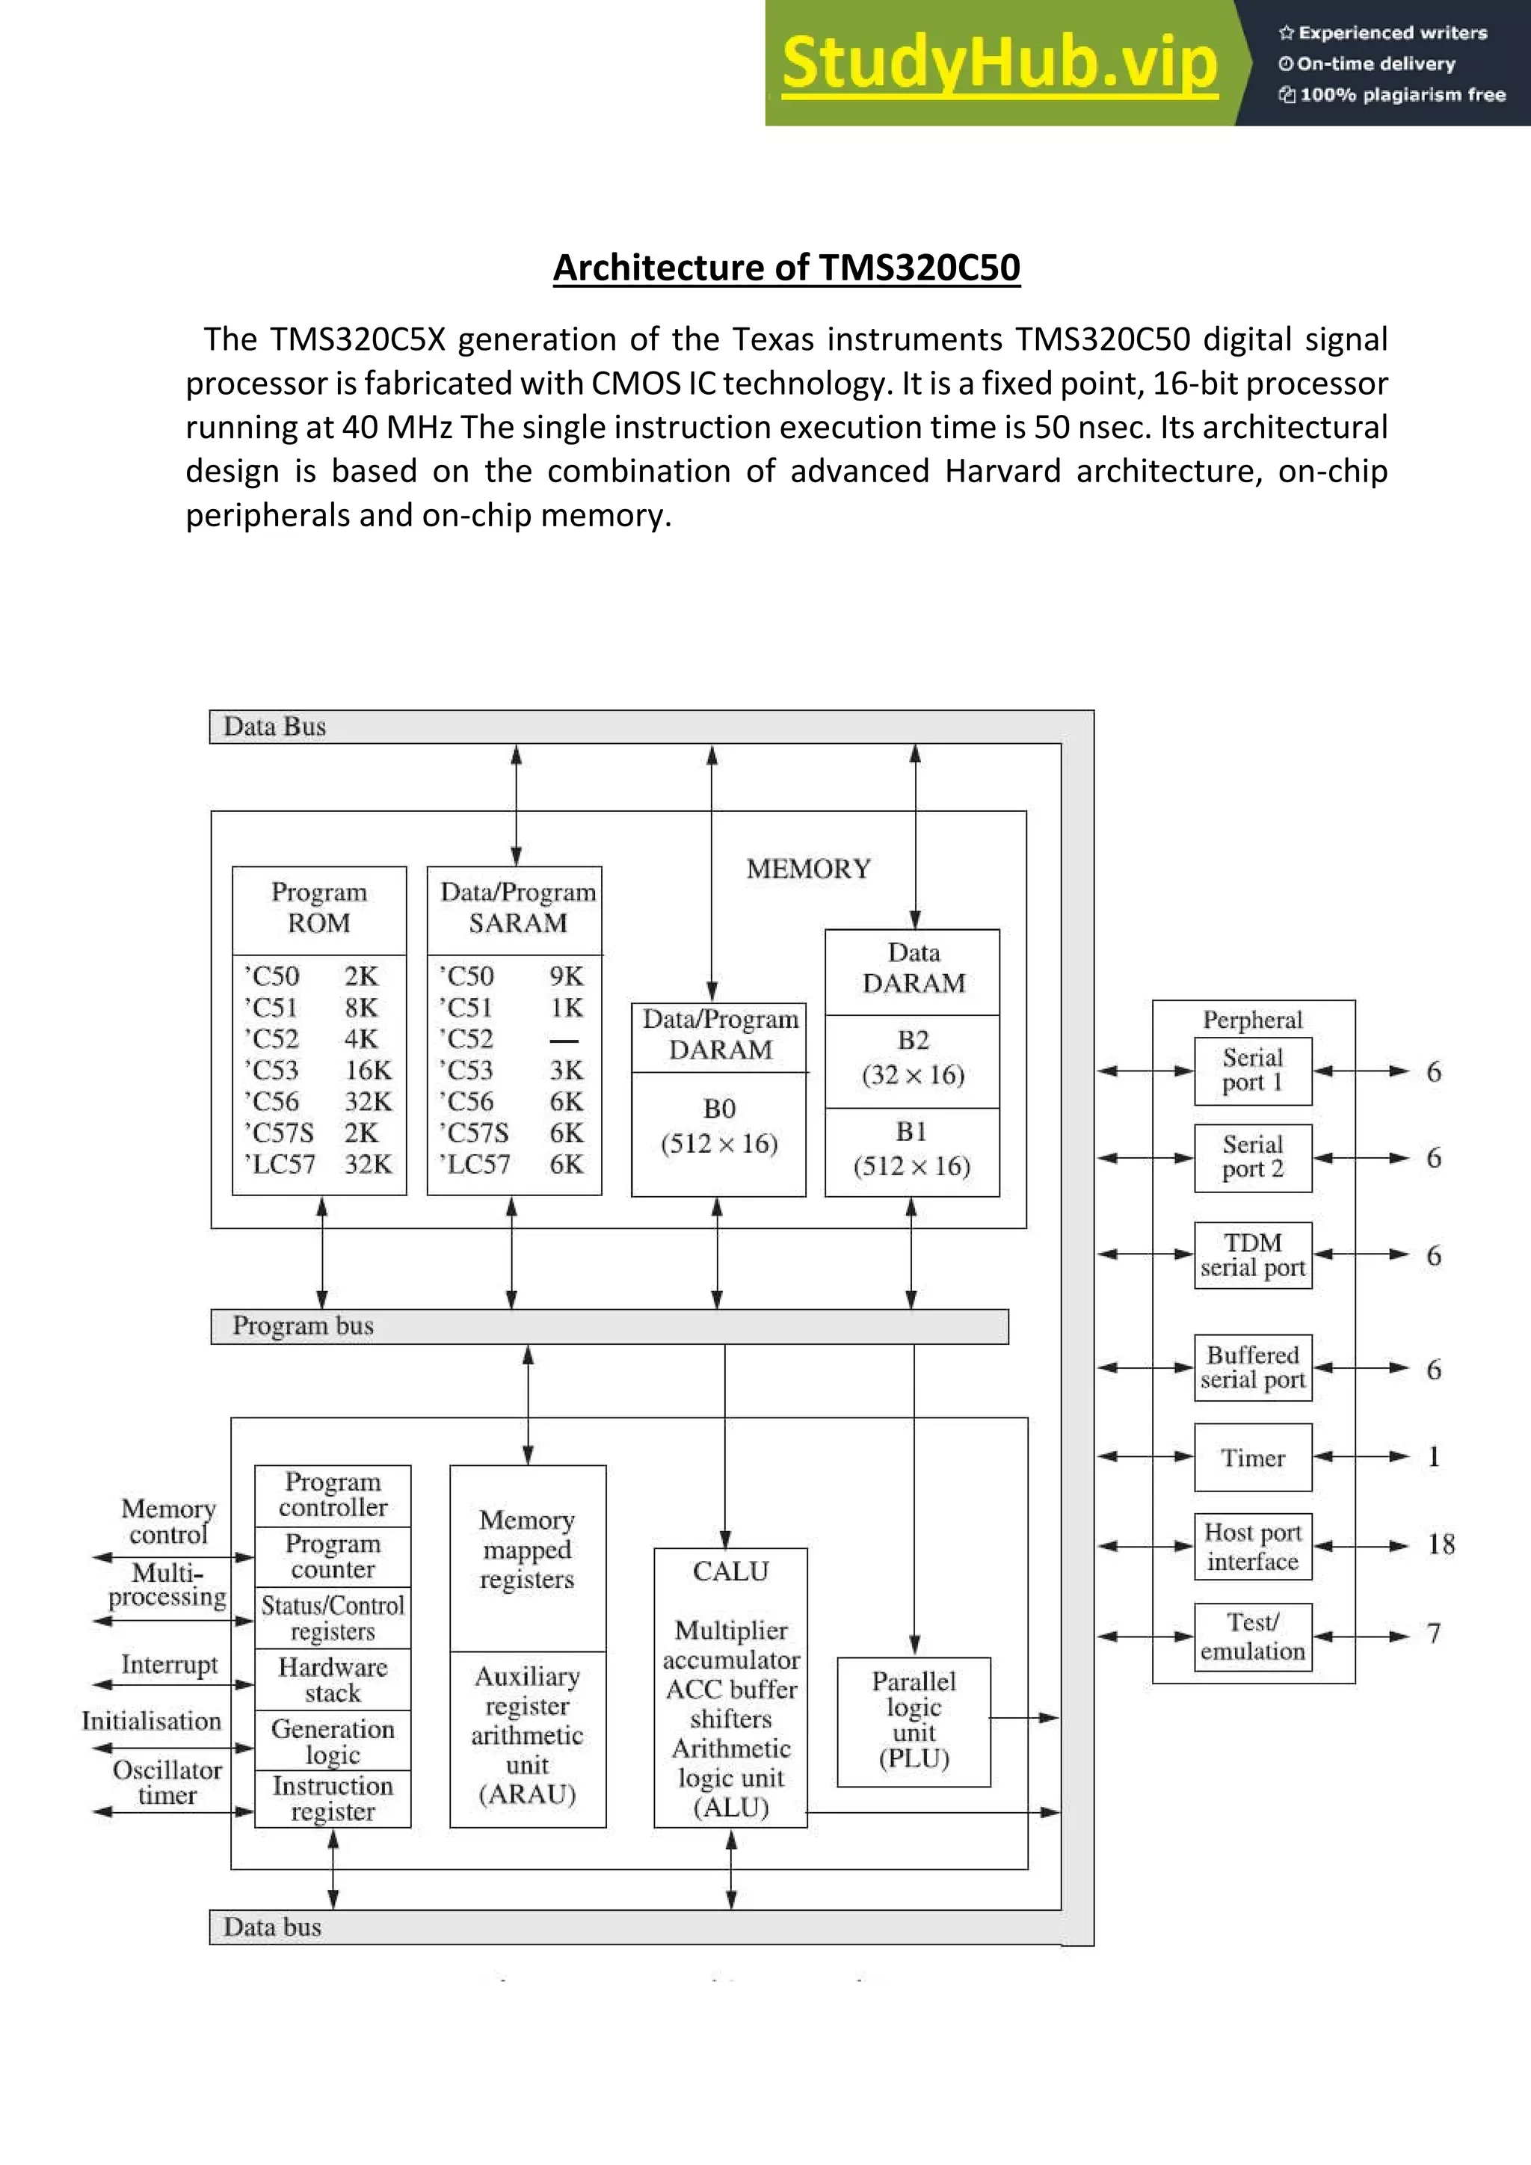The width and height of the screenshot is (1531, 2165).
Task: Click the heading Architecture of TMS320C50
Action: pos(786,268)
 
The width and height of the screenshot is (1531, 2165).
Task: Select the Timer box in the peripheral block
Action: pos(1253,1458)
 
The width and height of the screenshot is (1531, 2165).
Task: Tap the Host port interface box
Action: pos(1253,1547)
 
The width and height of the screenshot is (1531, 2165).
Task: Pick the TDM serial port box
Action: pos(1253,1255)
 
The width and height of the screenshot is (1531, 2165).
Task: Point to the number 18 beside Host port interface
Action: pos(1441,1545)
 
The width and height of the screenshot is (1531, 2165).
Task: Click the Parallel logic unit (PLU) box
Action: pos(914,1721)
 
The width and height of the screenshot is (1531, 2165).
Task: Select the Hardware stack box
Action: pos(333,1679)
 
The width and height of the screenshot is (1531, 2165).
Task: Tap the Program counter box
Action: pos(333,1556)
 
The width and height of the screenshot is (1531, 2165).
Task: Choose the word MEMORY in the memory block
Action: pos(809,869)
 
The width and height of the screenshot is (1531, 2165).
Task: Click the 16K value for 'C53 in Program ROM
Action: pos(368,1071)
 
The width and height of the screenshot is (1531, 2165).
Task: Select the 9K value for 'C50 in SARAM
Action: pos(567,976)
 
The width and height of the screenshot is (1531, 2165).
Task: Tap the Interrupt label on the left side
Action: pos(169,1664)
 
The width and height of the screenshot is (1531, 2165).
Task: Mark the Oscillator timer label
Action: pos(167,1782)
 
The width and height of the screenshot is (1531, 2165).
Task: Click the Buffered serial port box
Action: pos(1253,1367)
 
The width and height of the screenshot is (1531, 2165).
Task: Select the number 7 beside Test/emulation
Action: pos(1433,1633)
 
